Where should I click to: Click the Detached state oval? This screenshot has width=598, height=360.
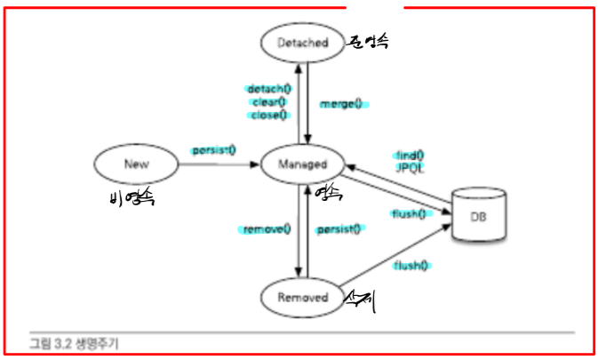coord(303,43)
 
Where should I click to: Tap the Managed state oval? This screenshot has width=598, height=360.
coord(303,164)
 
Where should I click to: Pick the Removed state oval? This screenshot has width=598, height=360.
coord(303,297)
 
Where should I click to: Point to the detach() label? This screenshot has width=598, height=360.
coord(268,90)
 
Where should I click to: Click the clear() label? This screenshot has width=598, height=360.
coord(269,102)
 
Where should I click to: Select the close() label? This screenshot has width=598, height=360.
coord(269,114)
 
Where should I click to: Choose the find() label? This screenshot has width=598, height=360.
coord(409,156)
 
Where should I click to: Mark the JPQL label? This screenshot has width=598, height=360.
coord(409,167)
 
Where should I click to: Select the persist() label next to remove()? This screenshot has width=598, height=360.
coord(339,229)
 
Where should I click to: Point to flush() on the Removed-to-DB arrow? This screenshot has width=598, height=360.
coord(411,264)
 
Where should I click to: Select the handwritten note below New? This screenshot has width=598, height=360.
coord(130,198)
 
